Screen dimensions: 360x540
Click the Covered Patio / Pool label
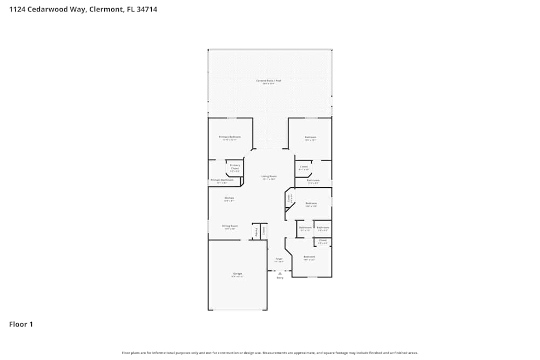(x=268, y=81)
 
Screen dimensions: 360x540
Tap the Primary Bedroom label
(x=230, y=137)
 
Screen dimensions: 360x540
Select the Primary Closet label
(x=235, y=167)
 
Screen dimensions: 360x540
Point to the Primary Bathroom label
(x=222, y=180)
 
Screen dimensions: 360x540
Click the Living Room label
(x=269, y=176)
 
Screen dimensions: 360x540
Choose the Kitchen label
(x=229, y=198)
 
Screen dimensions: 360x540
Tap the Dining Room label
(x=230, y=226)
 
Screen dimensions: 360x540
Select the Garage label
(x=238, y=274)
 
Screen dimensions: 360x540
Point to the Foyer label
(x=279, y=259)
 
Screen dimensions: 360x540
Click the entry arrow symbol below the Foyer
(x=280, y=273)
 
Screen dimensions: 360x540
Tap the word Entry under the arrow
(x=280, y=278)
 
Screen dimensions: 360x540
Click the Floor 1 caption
(x=21, y=324)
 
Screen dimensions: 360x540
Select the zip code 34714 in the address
(x=147, y=9)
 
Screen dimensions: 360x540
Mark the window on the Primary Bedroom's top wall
(x=231, y=118)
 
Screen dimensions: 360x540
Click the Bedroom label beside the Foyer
(x=309, y=256)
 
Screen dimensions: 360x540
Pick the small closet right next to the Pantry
(x=264, y=231)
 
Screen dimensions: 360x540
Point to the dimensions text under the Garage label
(x=238, y=276)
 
